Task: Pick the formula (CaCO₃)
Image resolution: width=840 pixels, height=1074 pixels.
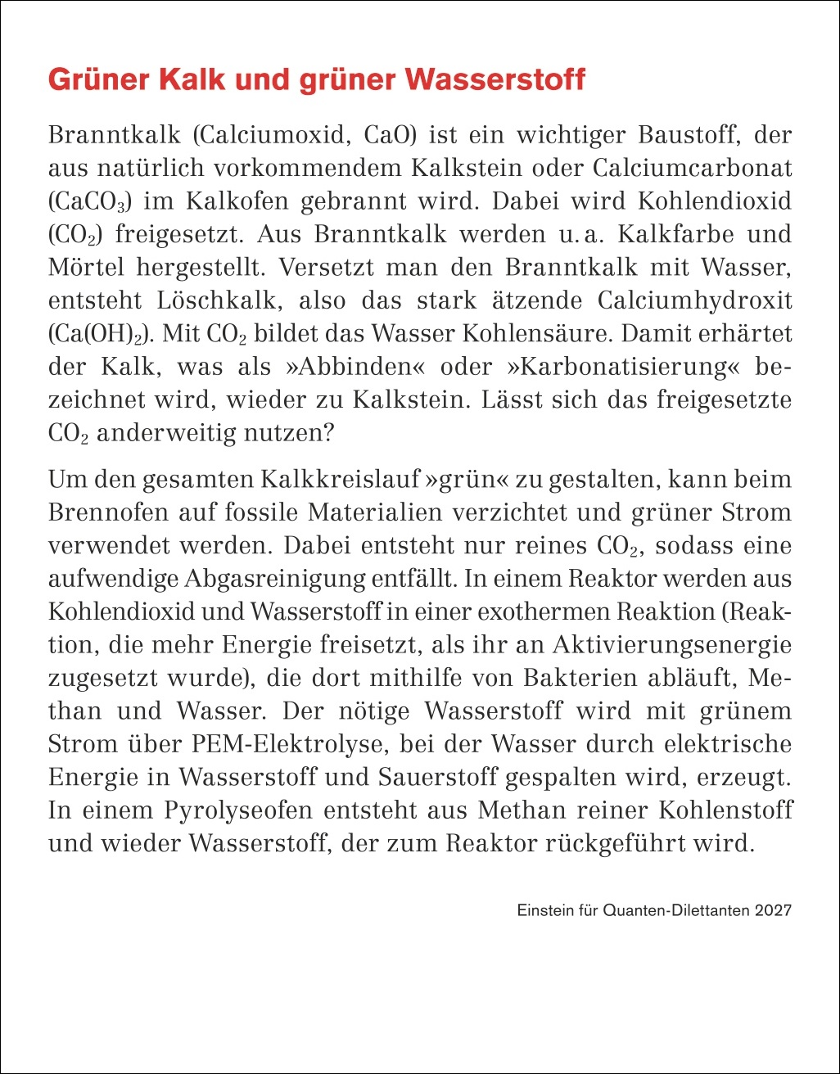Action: tap(87, 201)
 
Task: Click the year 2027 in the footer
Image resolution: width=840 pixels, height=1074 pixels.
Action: tap(774, 909)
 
